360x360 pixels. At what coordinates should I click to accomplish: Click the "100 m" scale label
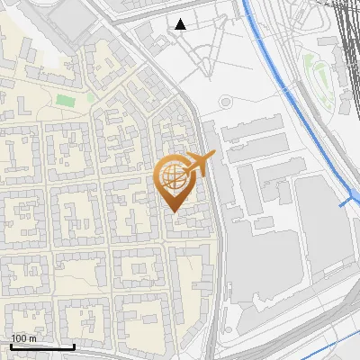click(23, 338)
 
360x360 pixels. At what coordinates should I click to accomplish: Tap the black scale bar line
click(42, 346)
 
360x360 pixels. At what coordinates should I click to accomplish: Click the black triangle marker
click(181, 24)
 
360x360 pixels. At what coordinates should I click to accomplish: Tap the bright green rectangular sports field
click(64, 101)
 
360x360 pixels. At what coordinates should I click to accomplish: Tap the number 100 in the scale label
click(19, 338)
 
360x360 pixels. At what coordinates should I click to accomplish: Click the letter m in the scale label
click(33, 338)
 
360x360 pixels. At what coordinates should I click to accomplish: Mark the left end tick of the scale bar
click(11, 345)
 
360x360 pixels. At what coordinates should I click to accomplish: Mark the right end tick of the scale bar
click(74, 345)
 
